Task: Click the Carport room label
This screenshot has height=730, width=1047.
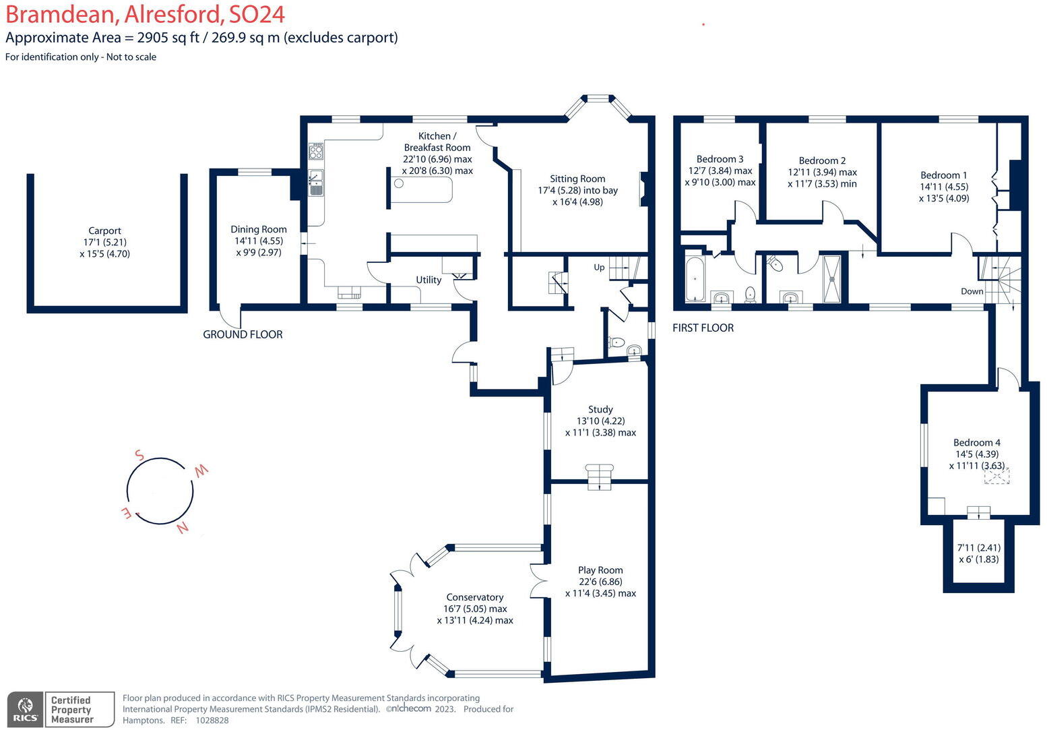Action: click(x=104, y=231)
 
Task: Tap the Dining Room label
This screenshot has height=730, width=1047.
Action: click(x=259, y=229)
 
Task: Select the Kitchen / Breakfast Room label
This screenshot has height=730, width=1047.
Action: click(x=437, y=142)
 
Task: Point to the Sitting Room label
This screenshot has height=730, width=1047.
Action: click(x=577, y=179)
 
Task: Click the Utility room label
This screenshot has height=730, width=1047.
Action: click(x=429, y=280)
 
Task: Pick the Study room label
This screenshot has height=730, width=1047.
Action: click(x=600, y=409)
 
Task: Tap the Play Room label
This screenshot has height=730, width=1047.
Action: click(x=600, y=570)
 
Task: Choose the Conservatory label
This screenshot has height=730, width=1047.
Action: click(x=475, y=597)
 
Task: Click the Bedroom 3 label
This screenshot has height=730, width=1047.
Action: click(x=720, y=159)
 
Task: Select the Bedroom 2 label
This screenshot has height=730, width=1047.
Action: click(x=822, y=160)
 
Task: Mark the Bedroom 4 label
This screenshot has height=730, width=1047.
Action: click(x=976, y=442)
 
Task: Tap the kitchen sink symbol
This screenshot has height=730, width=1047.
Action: click(x=316, y=182)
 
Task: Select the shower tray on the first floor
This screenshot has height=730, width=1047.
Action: click(x=833, y=278)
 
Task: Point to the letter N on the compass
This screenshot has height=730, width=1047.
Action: click(x=182, y=528)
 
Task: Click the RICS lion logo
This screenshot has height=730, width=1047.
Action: click(x=26, y=707)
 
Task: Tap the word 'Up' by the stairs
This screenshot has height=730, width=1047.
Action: click(x=599, y=268)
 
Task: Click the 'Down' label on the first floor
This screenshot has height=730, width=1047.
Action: click(x=972, y=291)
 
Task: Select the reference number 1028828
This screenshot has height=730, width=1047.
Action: click(x=212, y=720)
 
